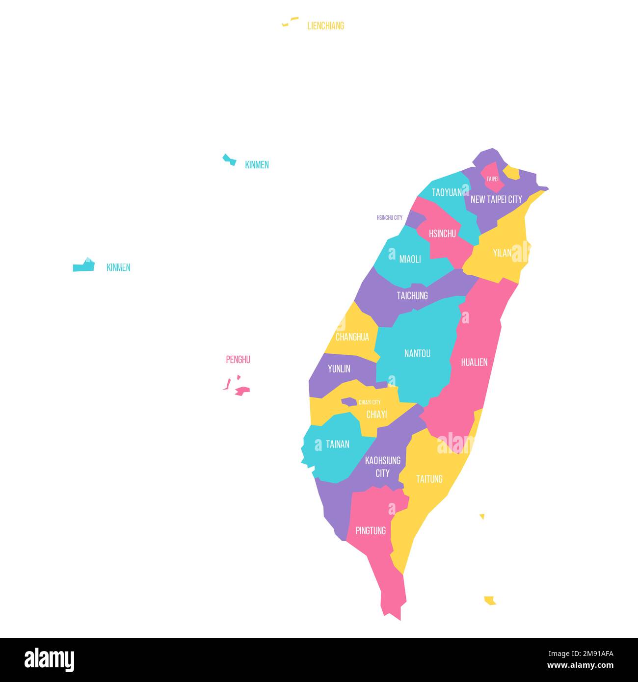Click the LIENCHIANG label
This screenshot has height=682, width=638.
click(x=325, y=26)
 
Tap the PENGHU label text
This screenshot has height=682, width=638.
click(x=238, y=360)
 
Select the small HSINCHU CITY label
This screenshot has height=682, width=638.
click(x=389, y=217)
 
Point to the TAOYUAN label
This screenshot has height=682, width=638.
click(x=447, y=192)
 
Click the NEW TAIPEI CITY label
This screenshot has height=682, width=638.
click(x=496, y=200)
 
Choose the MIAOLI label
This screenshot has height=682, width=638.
click(x=410, y=259)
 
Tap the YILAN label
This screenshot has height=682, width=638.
click(x=502, y=253)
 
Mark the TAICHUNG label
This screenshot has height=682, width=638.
click(x=412, y=295)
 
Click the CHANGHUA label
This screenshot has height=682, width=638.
click(x=352, y=337)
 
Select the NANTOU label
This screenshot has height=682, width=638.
click(x=417, y=353)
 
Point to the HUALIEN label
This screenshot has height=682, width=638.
click(x=474, y=362)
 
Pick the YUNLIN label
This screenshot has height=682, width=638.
click(x=339, y=368)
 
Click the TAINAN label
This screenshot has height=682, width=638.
click(x=338, y=444)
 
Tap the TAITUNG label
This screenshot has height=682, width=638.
click(x=429, y=479)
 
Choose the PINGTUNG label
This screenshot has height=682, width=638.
click(x=371, y=530)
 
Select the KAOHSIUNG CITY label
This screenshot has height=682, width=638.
click(x=383, y=467)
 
